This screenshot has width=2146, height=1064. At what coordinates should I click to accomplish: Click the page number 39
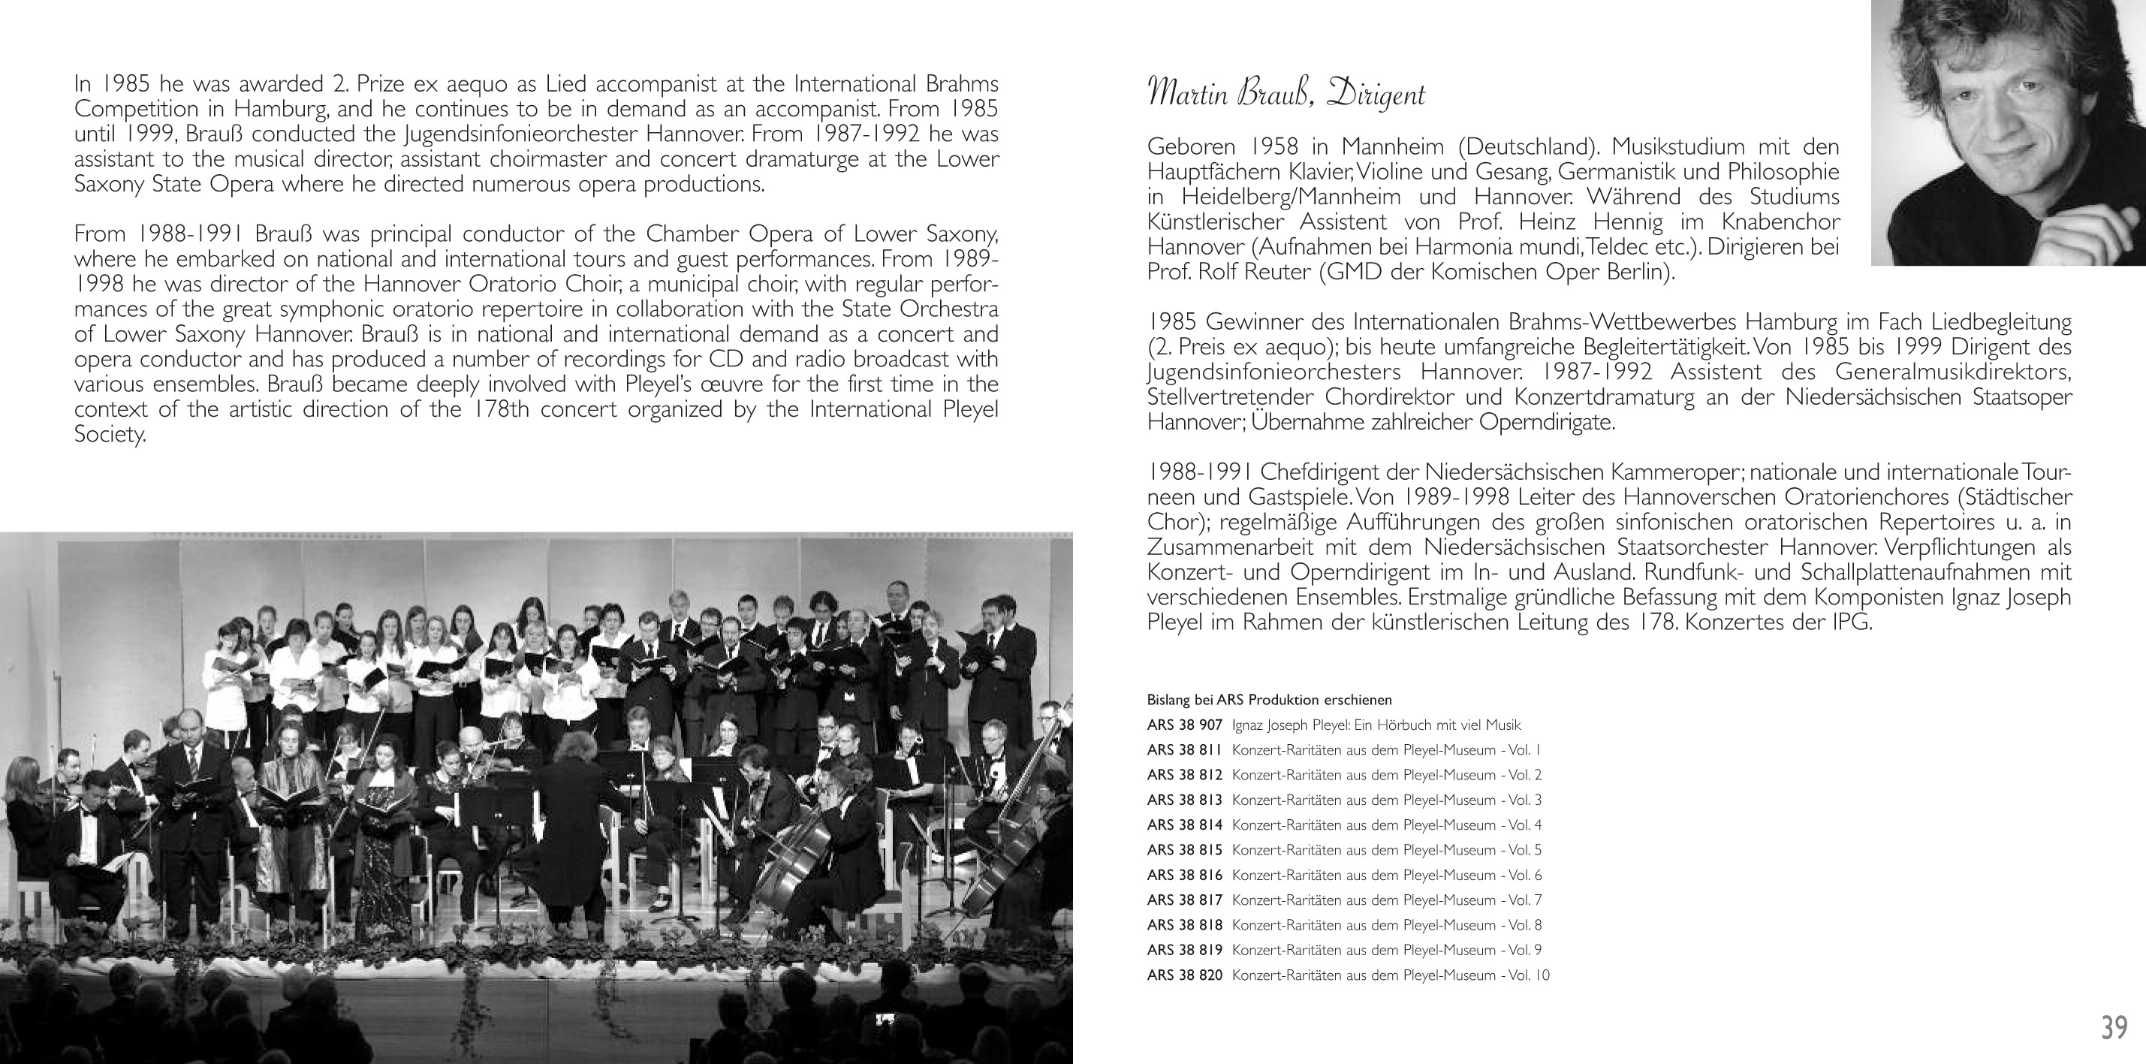click(x=2114, y=1026)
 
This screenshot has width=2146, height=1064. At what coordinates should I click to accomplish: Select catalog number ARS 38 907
click(x=1184, y=725)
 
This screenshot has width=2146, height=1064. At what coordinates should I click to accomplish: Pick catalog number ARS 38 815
click(x=1184, y=850)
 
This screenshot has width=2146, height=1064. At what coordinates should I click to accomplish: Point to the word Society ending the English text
click(x=109, y=435)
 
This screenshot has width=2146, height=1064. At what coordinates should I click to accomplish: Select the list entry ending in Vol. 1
click(x=1387, y=750)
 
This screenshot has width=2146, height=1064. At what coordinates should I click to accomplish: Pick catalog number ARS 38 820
click(x=1184, y=975)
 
